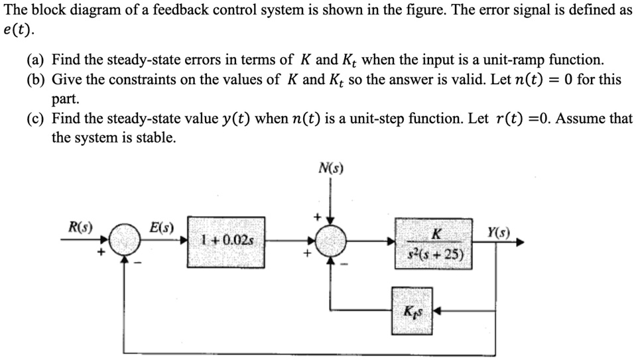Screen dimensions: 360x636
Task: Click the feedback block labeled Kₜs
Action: (411, 310)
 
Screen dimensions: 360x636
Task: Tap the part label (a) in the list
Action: (36, 60)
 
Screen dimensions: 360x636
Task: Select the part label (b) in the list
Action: (36, 80)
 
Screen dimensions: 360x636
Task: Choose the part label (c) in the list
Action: (36, 119)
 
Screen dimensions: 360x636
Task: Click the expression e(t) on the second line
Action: (17, 32)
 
